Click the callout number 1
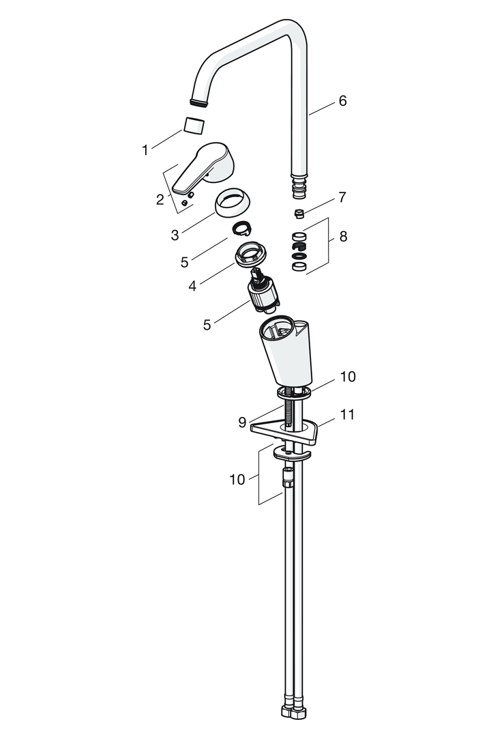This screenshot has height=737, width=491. [x=145, y=150]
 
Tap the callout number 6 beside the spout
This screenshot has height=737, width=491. [x=342, y=101]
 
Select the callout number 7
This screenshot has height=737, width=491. [x=342, y=197]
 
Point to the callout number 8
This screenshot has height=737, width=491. [x=343, y=236]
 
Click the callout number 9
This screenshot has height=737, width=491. [x=242, y=422]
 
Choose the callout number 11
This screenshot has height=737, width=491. [x=346, y=415]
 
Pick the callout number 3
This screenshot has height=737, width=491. [x=175, y=235]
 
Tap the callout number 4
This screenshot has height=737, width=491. [x=192, y=286]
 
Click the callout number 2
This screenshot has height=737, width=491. [x=160, y=199]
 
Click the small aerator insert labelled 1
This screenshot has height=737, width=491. [x=194, y=126]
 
